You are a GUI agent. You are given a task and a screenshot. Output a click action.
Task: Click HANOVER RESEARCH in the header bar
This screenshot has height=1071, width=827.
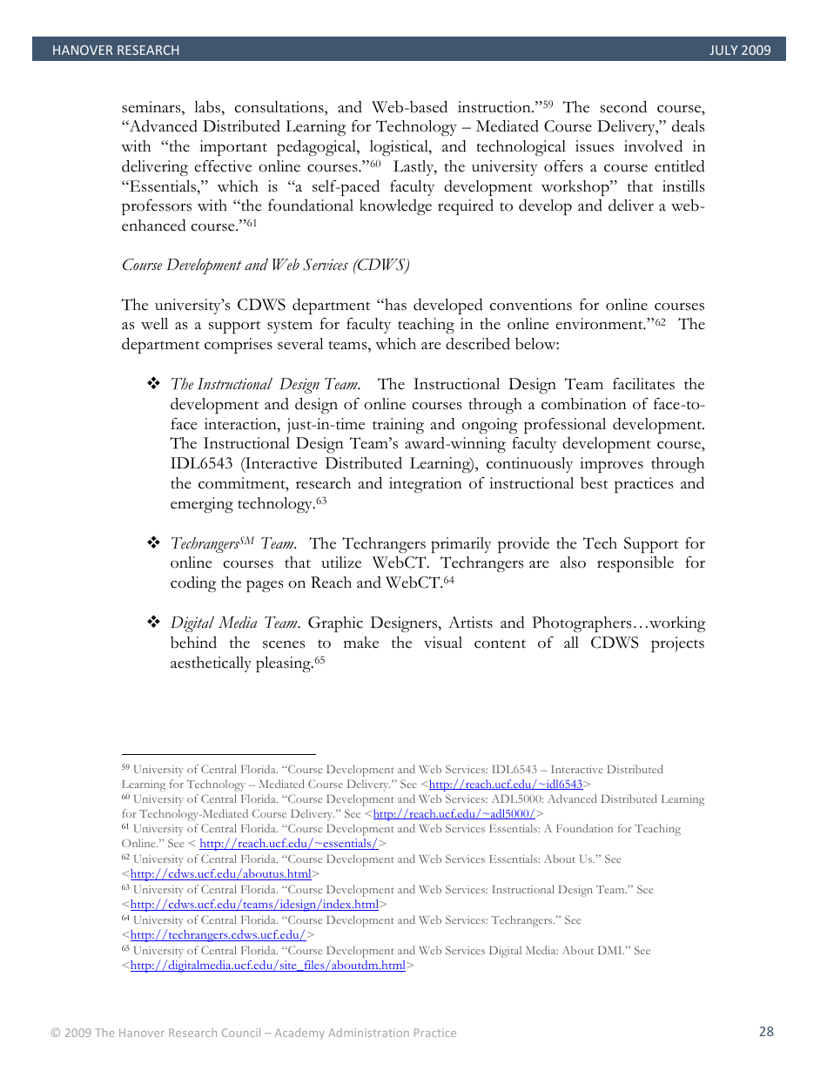click(x=115, y=51)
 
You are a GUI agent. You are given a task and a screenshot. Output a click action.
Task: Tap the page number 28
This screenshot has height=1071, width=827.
click(x=765, y=1032)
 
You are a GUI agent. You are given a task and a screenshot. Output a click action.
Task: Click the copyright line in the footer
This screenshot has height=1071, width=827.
click(x=252, y=1033)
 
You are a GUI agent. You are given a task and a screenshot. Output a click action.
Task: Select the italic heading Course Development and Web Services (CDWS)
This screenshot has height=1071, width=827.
click(x=266, y=266)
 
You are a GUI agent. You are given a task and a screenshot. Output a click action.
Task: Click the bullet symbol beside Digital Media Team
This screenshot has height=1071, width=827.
click(x=154, y=623)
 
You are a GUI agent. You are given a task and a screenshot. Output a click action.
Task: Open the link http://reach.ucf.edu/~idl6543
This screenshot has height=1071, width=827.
click(x=506, y=785)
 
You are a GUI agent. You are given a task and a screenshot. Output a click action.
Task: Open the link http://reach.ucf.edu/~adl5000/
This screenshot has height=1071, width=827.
click(x=454, y=814)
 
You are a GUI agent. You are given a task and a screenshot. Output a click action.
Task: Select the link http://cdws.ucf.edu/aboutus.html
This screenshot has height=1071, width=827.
click(x=220, y=874)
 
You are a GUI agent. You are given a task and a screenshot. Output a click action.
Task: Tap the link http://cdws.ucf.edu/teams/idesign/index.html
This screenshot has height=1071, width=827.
click(x=254, y=905)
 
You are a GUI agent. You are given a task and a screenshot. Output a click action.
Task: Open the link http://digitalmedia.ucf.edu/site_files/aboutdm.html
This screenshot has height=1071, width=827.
click(x=267, y=966)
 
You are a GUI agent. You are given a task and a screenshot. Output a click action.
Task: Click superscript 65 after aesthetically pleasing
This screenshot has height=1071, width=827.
click(x=319, y=660)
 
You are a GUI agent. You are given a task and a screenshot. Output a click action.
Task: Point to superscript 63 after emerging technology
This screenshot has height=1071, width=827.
click(x=320, y=501)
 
